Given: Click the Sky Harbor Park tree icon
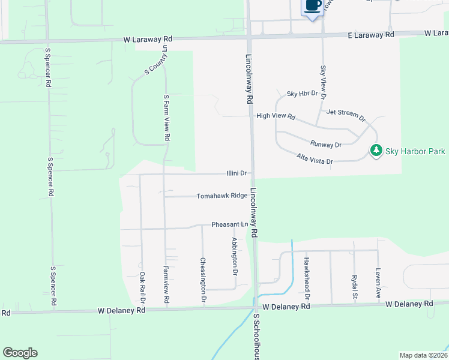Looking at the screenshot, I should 376,150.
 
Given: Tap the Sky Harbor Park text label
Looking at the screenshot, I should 415,151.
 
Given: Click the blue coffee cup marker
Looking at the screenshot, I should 312,7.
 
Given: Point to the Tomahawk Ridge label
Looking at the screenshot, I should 222,196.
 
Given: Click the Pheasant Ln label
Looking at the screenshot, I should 229,224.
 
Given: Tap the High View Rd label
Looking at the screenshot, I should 276,116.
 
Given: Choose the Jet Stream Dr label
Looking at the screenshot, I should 346,114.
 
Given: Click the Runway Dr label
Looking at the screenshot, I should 326,144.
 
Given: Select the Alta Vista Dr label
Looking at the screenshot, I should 315,159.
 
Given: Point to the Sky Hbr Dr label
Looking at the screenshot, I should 300,94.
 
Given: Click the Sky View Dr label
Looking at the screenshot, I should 324,82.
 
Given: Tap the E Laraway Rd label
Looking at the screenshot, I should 372,35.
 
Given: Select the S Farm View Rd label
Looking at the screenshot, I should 166,118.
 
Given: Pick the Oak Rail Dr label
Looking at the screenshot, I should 142,286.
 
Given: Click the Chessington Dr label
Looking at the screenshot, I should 203,280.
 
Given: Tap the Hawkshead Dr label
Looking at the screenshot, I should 306,278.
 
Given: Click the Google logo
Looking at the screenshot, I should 20,353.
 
